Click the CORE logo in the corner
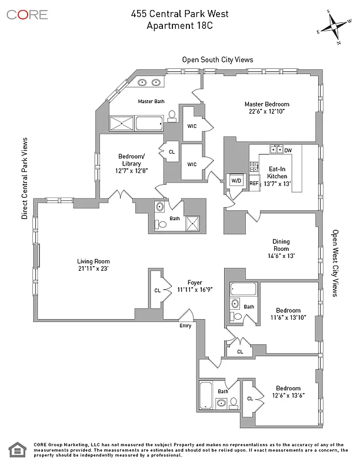[27, 14]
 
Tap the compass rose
[333, 26]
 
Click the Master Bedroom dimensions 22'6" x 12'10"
[266, 112]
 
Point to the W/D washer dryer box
[236, 181]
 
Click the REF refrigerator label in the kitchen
[254, 184]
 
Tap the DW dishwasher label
[288, 151]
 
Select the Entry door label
[185, 326]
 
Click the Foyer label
[194, 282]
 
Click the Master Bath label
[151, 101]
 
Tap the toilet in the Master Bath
[172, 116]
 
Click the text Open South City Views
[217, 59]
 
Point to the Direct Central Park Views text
[25, 179]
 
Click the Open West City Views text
[335, 263]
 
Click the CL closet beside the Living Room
[157, 290]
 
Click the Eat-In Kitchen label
[277, 172]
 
